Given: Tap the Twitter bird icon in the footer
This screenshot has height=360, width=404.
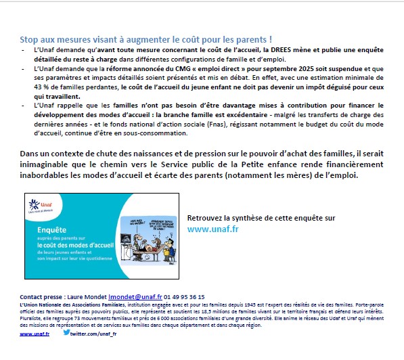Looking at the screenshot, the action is point(66,332).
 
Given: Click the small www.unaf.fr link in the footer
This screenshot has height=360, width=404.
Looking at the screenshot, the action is point(34,334).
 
